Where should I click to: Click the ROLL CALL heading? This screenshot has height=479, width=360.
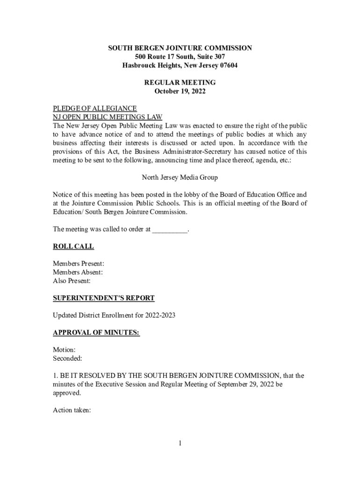point(73,246)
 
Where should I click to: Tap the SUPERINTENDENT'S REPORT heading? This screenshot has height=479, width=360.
point(103,298)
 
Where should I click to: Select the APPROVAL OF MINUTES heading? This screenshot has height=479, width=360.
point(96,333)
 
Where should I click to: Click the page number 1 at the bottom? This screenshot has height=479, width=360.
point(180,443)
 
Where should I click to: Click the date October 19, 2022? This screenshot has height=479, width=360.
point(180,91)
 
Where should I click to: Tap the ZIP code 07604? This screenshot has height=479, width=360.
point(226,65)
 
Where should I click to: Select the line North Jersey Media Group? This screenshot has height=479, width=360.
point(180,178)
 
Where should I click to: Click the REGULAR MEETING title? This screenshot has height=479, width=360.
point(180,82)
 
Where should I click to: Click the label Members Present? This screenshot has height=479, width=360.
point(79,264)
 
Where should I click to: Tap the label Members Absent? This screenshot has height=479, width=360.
point(78,272)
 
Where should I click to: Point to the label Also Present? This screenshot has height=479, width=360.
point(72,281)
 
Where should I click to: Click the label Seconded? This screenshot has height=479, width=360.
point(67,359)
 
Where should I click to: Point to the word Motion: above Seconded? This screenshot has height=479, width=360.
point(64,350)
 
